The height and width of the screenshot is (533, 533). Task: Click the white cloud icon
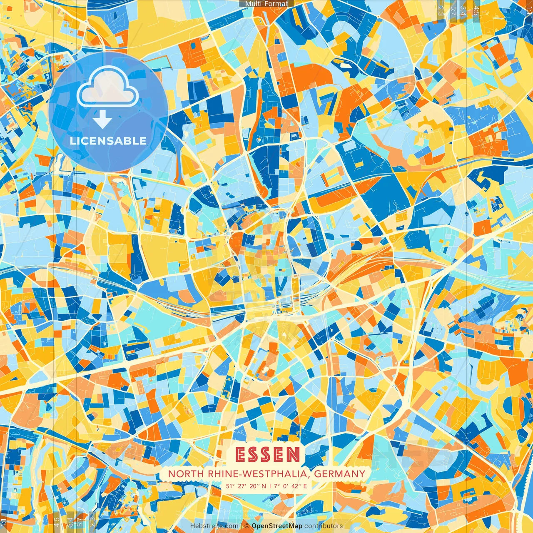pos(107,87)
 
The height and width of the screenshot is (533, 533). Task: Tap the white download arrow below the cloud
pos(102,120)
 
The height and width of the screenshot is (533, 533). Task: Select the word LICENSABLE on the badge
pos(108,141)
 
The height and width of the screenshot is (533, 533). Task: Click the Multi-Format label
pos(266,4)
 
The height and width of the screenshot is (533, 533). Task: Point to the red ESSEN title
pos(267,455)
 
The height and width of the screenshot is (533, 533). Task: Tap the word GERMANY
pos(339,474)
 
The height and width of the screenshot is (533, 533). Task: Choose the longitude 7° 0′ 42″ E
pos(290,486)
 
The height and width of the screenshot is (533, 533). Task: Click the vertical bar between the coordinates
pos(270,486)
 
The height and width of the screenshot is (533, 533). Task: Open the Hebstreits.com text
pos(214,526)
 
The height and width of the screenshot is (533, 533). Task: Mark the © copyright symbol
pos(247,526)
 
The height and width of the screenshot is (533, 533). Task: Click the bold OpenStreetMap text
pos(277,526)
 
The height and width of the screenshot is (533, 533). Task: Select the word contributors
pos(324,526)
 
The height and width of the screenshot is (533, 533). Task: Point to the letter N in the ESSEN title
pos(293,455)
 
